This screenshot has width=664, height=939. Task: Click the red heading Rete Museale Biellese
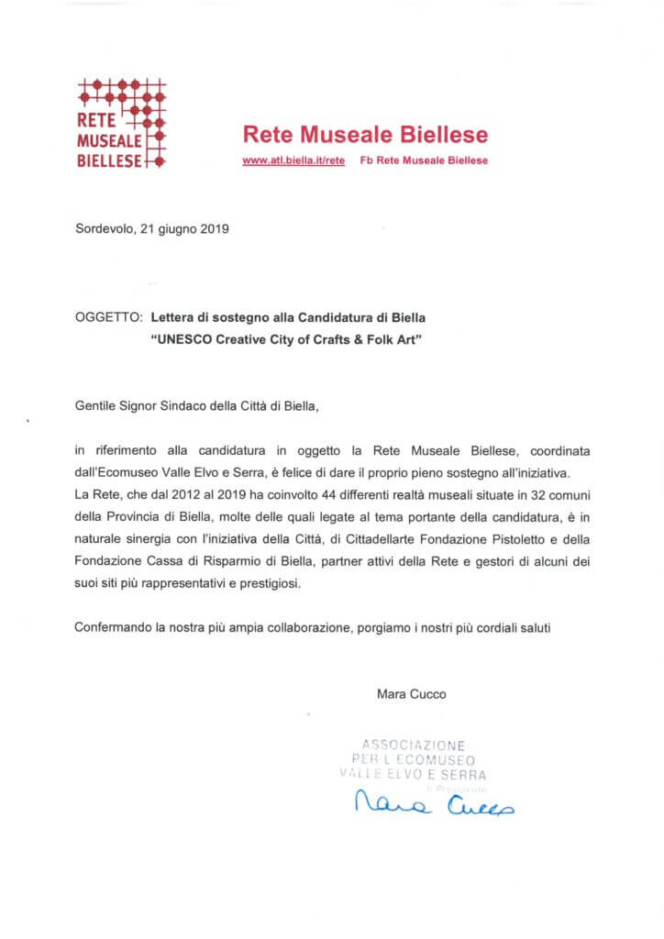click(x=365, y=135)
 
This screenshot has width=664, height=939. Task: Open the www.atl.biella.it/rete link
click(x=293, y=160)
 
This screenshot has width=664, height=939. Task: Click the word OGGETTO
click(x=105, y=317)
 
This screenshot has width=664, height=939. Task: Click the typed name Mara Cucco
click(x=412, y=694)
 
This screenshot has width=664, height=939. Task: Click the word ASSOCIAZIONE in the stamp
click(x=414, y=746)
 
